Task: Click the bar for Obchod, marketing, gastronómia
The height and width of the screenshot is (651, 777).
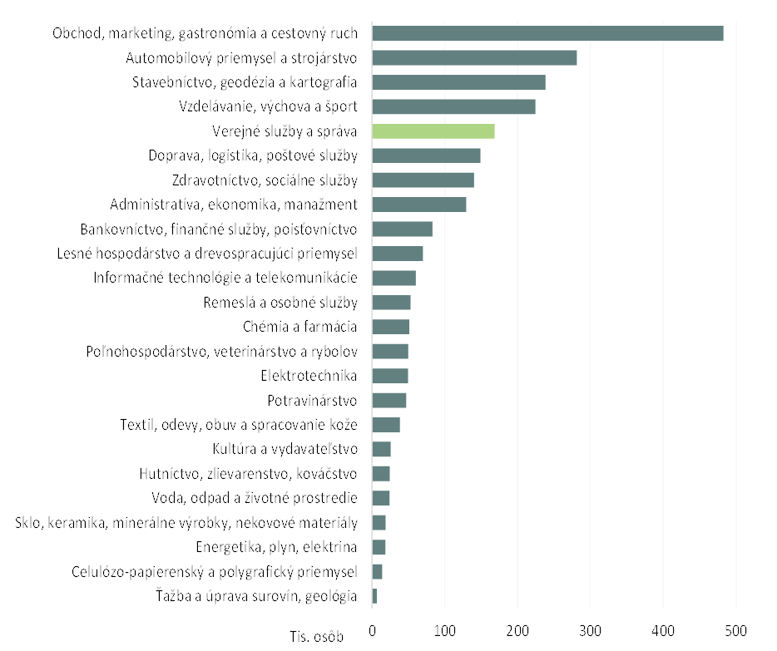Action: click(547, 33)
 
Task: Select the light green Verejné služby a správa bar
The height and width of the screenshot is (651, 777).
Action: click(433, 131)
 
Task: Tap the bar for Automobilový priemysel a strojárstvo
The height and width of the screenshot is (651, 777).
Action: click(474, 58)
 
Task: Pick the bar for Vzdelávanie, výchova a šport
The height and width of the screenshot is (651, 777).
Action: click(453, 106)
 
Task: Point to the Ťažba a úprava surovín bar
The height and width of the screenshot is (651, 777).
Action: click(374, 596)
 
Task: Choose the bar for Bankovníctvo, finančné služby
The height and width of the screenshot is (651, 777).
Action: click(402, 229)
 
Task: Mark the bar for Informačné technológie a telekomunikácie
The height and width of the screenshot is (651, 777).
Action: click(393, 278)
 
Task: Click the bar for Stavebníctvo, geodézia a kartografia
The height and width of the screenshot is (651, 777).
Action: click(458, 82)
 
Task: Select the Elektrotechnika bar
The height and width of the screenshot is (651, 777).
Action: click(389, 376)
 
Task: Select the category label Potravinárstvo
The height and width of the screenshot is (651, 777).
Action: click(312, 401)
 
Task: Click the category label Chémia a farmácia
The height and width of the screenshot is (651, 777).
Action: click(300, 327)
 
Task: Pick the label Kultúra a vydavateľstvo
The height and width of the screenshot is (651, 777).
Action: click(285, 450)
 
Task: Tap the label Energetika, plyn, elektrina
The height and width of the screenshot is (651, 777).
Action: click(276, 547)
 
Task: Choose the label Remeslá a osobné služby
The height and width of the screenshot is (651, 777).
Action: click(280, 303)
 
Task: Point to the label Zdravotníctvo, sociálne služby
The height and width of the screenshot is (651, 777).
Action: click(265, 180)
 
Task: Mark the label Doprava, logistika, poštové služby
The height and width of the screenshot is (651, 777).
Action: click(253, 155)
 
